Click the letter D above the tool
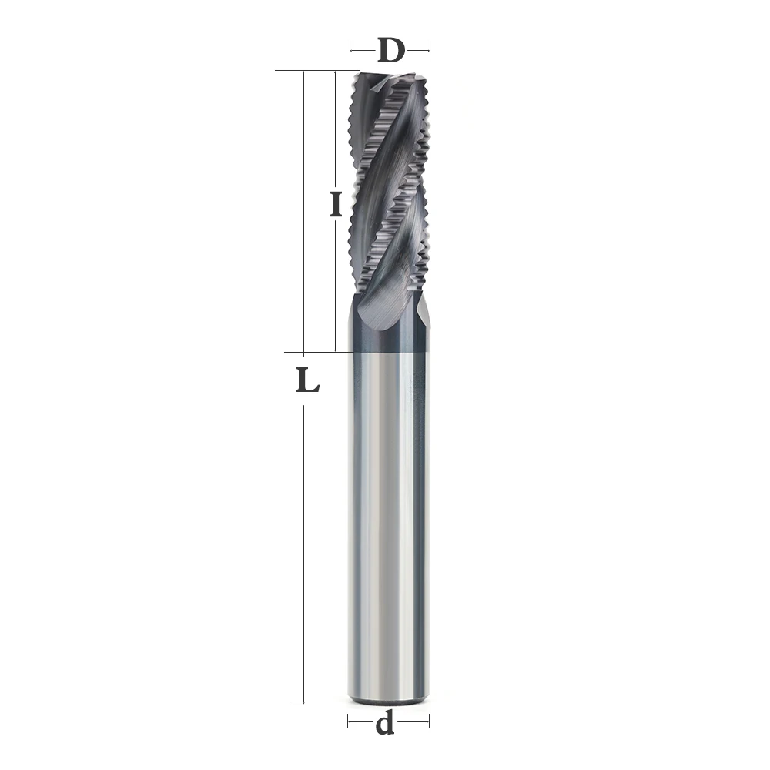point(390,52)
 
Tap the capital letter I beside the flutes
point(335,205)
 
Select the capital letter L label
point(307,380)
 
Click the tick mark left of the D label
point(351,52)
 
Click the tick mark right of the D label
point(430,52)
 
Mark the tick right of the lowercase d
point(429,722)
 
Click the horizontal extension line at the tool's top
point(316,71)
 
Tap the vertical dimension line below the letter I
point(336,285)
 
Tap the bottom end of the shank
point(387,699)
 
